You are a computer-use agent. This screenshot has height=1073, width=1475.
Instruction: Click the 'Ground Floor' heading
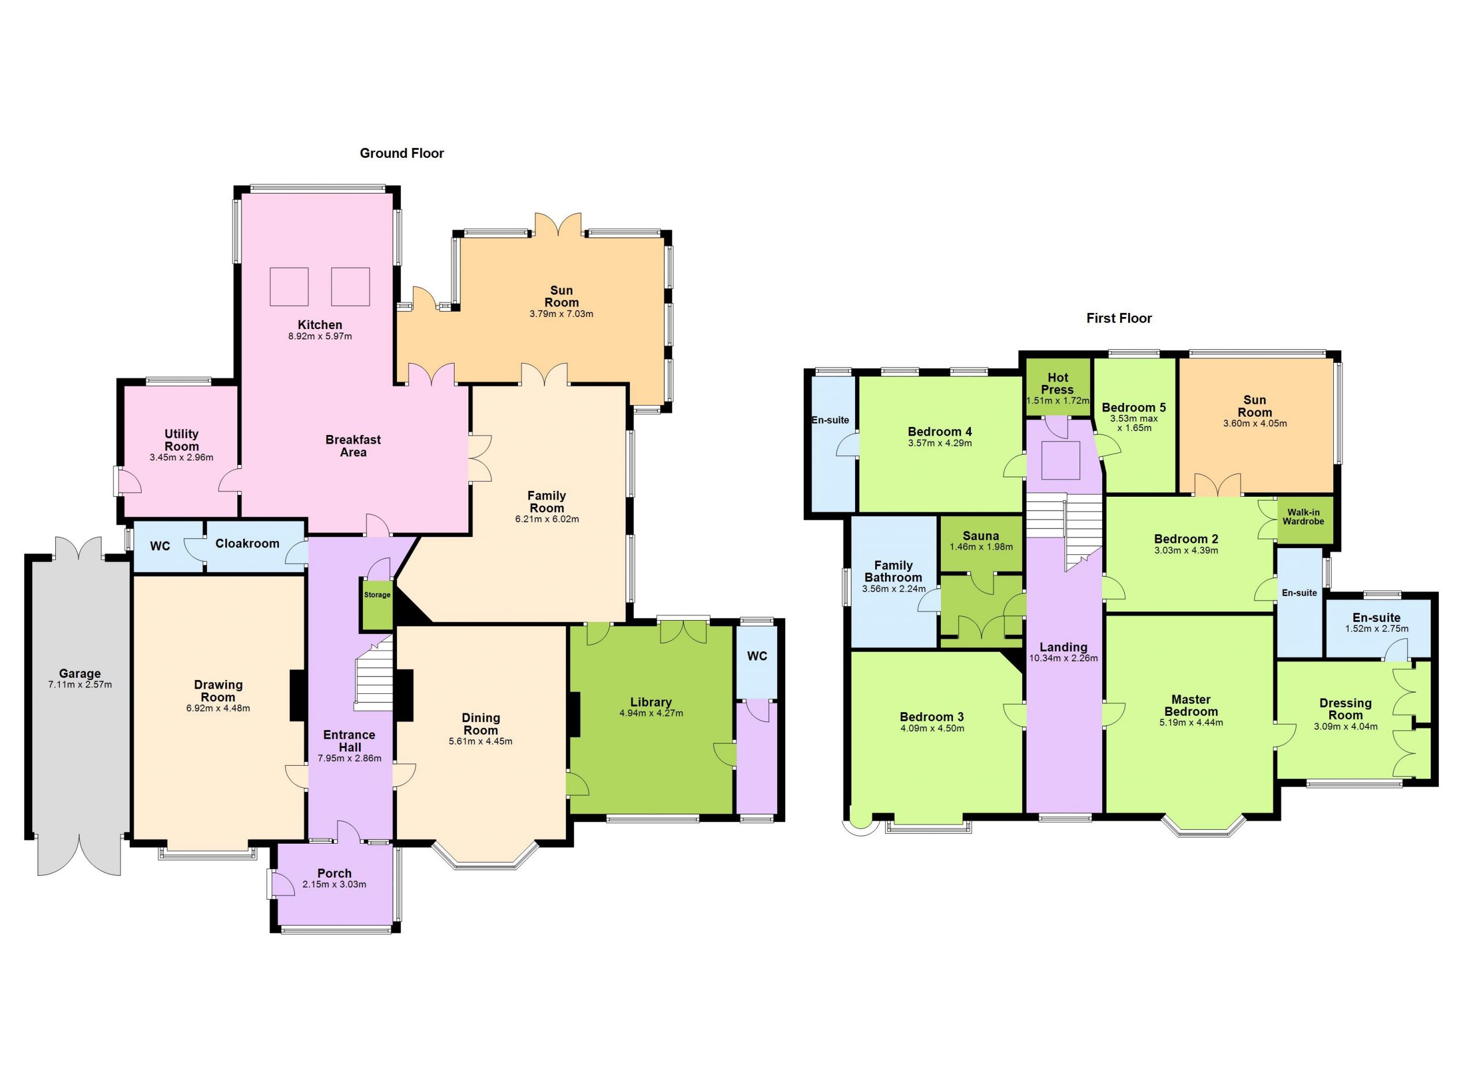(x=402, y=153)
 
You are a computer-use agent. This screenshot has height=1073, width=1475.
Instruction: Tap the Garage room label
(x=80, y=674)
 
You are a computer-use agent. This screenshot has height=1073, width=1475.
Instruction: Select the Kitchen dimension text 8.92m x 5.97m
(x=320, y=336)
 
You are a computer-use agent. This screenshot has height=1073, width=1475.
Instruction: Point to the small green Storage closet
(x=377, y=603)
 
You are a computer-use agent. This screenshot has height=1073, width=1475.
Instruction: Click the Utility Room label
(x=181, y=440)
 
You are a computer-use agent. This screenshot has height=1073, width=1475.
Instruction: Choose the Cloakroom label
(x=247, y=543)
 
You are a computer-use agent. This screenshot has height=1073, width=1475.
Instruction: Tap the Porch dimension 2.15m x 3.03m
(x=334, y=885)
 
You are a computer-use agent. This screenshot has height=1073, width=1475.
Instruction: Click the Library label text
(x=650, y=702)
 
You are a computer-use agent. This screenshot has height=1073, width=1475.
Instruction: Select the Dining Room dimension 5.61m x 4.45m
(x=481, y=741)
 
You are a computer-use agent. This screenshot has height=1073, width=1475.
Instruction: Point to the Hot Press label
(x=1057, y=384)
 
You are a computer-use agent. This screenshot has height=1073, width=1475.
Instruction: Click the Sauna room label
(x=981, y=536)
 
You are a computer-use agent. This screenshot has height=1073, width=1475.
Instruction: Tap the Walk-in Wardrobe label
(x=1303, y=517)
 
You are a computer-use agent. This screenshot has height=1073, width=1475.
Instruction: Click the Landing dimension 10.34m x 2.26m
(x=1064, y=658)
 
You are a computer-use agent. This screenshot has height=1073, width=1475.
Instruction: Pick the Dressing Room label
(x=1345, y=709)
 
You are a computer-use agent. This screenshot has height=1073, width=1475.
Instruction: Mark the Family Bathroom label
(x=893, y=572)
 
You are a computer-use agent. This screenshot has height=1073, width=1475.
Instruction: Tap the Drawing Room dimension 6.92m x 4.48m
(x=218, y=708)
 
